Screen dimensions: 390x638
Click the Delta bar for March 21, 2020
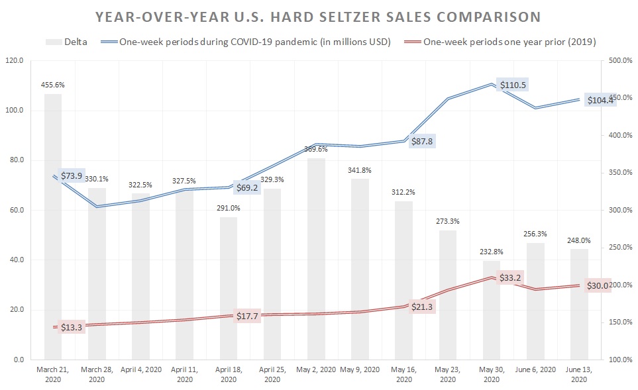(53, 225)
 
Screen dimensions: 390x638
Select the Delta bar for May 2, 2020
(317, 258)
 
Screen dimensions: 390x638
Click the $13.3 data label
(71, 328)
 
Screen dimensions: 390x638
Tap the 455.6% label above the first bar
(53, 85)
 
